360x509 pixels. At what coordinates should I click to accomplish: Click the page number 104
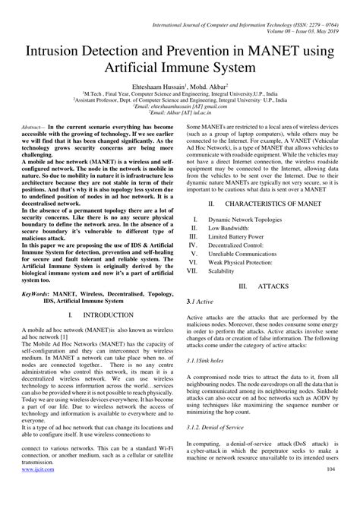(330, 491)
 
